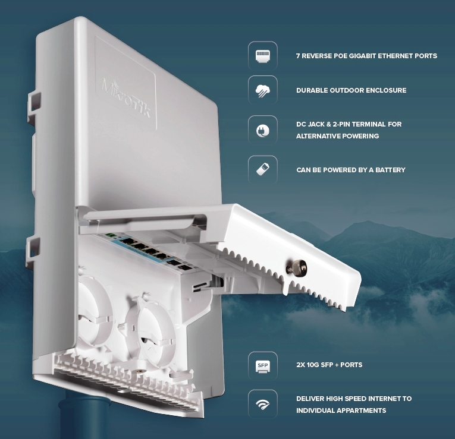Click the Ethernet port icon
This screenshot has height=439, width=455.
[263, 56]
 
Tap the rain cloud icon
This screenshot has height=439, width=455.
[263, 91]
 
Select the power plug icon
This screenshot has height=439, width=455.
[263, 131]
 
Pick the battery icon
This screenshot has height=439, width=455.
[263, 169]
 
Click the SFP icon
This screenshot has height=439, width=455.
[263, 367]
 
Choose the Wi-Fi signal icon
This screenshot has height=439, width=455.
[263, 404]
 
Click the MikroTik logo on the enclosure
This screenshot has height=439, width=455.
[127, 98]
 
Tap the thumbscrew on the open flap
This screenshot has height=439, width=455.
[297, 267]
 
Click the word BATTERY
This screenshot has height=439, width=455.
[390, 170]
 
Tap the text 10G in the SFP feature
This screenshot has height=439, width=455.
[313, 365]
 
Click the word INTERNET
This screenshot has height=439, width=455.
[382, 399]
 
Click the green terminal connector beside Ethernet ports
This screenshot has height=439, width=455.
[109, 235]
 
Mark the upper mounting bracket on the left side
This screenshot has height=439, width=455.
[34, 105]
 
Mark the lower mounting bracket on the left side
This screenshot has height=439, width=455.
[33, 251]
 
